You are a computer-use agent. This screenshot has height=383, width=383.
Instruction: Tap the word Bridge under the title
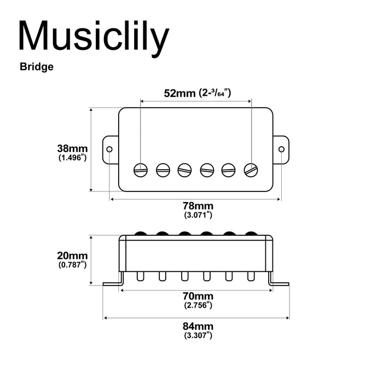click(36, 67)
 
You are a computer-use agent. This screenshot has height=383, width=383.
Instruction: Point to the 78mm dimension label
click(198, 206)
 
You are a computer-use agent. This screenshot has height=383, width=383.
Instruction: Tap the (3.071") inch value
click(198, 215)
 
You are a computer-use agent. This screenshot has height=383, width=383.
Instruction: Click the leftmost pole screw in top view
click(141, 169)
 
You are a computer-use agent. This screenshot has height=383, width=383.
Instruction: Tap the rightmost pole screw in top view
click(251, 169)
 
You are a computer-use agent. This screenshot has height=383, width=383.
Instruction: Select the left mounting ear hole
click(110, 149)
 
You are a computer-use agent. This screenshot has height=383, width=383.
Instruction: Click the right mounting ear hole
click(282, 149)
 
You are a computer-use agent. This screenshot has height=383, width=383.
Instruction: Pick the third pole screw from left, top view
click(185, 169)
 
